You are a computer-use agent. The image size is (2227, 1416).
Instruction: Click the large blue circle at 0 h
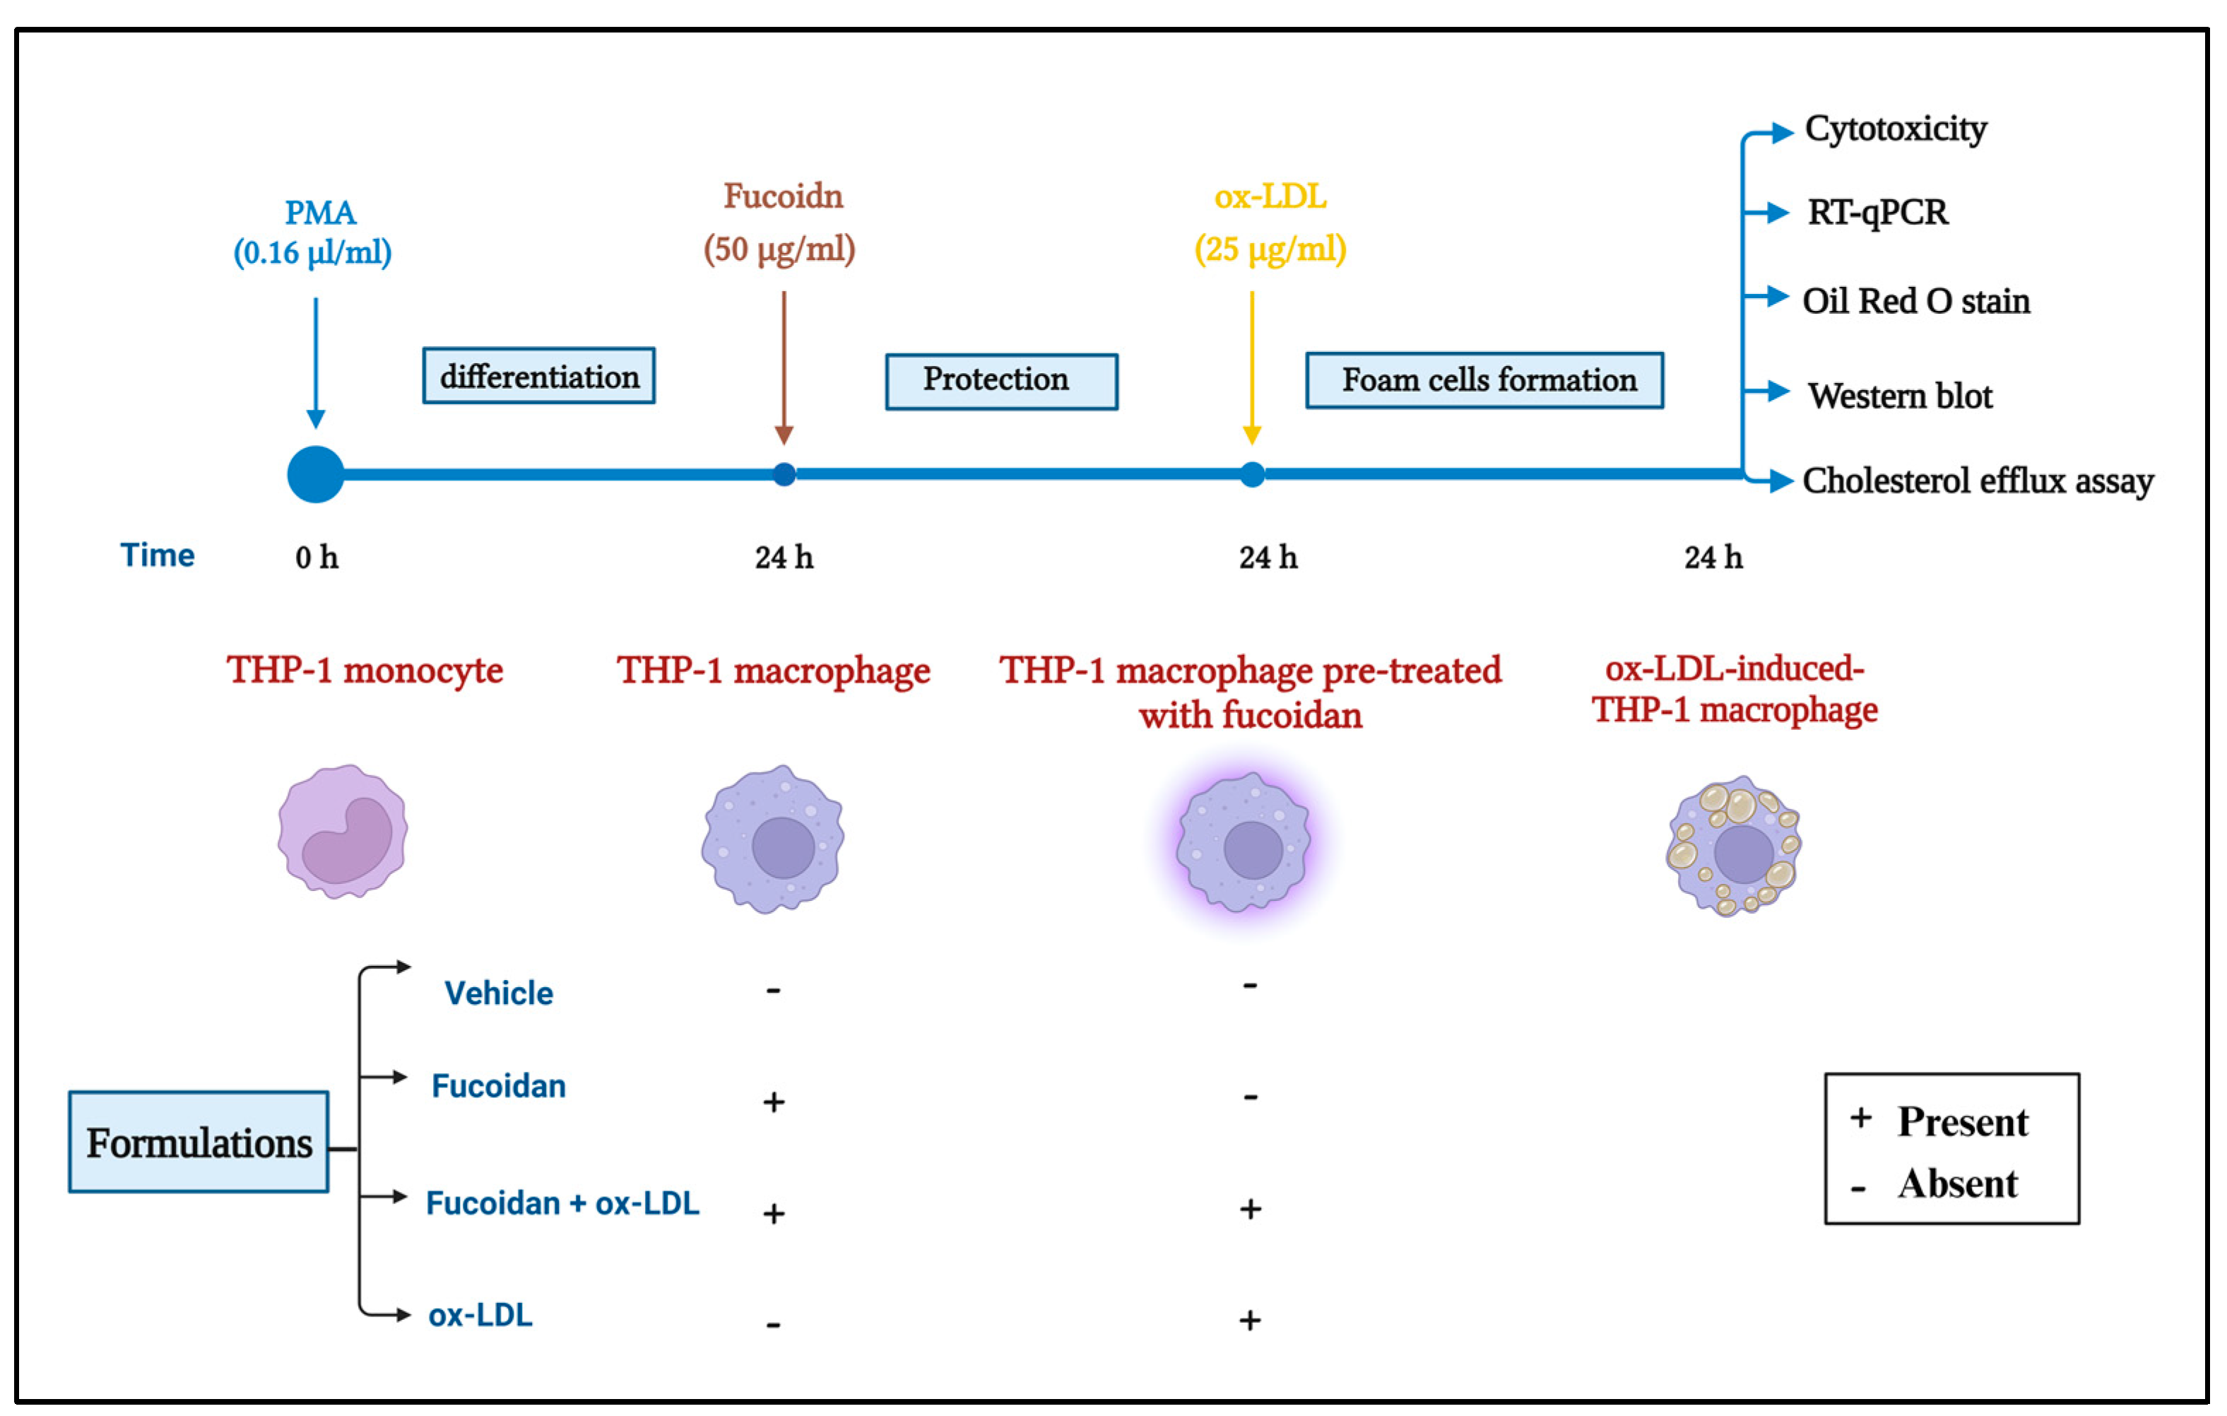(x=315, y=474)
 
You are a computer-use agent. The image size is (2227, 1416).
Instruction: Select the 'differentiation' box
(x=538, y=375)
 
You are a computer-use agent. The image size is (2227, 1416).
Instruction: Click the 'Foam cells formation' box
(x=1484, y=380)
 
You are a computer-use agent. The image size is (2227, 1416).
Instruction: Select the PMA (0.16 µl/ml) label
(x=314, y=232)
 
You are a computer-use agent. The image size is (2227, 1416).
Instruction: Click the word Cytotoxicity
(x=1895, y=129)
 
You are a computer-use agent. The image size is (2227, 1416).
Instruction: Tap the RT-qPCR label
(x=1877, y=213)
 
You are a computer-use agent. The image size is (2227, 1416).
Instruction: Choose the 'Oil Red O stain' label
(x=1915, y=302)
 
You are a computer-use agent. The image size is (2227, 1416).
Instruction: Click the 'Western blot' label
(x=1900, y=396)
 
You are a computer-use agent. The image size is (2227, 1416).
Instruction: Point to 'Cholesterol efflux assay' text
(x=1978, y=481)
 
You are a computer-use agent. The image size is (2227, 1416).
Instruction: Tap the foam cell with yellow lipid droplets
(x=1733, y=845)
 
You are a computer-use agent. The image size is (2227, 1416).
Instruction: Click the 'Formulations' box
(x=199, y=1143)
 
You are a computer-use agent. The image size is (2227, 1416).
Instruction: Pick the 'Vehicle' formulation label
(x=499, y=993)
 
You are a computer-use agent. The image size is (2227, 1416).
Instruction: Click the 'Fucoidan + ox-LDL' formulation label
(x=562, y=1203)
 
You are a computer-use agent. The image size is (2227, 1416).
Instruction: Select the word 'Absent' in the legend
(x=1957, y=1184)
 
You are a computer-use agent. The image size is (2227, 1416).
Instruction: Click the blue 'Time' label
(x=158, y=555)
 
